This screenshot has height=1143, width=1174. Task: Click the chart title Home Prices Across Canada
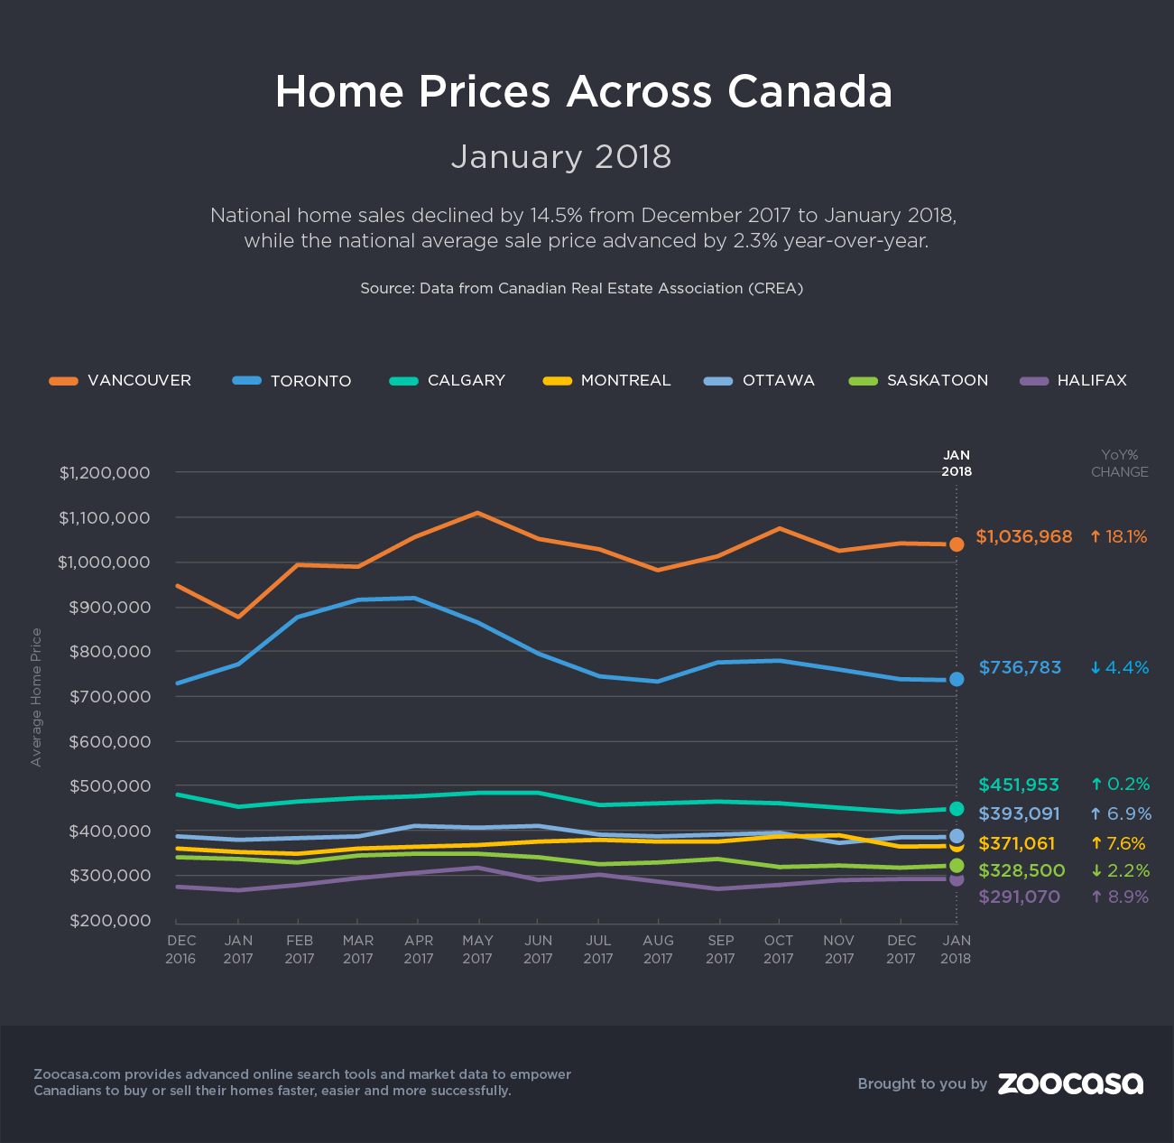click(x=584, y=92)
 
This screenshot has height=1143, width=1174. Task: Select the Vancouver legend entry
click(x=120, y=380)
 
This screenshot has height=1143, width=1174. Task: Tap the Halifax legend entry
click(x=1073, y=380)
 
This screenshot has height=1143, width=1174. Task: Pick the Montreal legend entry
click(x=607, y=380)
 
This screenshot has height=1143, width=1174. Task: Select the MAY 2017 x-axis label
click(x=477, y=949)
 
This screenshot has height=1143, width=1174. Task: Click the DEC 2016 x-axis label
click(x=180, y=949)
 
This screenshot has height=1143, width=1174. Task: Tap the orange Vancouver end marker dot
click(x=957, y=544)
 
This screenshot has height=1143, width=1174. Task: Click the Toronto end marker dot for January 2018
click(x=957, y=679)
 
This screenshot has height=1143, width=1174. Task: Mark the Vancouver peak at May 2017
click(x=477, y=513)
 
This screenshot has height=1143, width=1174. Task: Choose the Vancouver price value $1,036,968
click(x=1024, y=537)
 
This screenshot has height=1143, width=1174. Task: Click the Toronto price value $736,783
click(x=1020, y=668)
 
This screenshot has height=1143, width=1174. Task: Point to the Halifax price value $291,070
click(x=1019, y=897)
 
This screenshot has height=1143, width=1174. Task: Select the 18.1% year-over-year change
click(x=1118, y=537)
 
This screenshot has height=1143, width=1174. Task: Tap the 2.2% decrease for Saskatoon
click(x=1119, y=871)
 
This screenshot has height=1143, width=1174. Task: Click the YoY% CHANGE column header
click(x=1119, y=463)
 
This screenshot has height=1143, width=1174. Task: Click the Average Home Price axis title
click(x=36, y=697)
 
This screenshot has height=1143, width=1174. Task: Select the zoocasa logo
click(x=1070, y=1083)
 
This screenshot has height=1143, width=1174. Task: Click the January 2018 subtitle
click(x=561, y=157)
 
